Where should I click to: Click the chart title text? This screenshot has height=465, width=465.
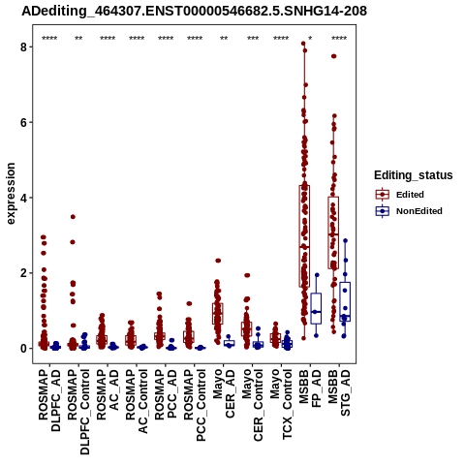pos(194,11)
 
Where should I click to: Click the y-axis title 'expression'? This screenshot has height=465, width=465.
pos(11,194)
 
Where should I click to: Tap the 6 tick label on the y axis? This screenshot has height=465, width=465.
pos(23,122)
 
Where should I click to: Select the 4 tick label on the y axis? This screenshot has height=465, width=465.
pos(23,198)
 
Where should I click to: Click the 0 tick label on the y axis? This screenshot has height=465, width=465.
pos(23,349)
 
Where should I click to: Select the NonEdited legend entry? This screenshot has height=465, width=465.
pos(409,211)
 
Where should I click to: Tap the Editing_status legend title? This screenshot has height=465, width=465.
pos(414,175)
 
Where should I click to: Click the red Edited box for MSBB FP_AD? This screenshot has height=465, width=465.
pos(304,236)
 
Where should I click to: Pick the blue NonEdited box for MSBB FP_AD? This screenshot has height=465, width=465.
pos(316,308)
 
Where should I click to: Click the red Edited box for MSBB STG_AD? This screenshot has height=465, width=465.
pos(333,232)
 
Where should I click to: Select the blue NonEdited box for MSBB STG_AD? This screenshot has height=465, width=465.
pos(345,301)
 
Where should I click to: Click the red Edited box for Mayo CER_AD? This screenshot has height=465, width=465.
pos(218,314)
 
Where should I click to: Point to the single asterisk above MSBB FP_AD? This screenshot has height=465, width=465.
pos(310,38)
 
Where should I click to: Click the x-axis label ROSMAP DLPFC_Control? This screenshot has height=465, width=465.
pos(78,412)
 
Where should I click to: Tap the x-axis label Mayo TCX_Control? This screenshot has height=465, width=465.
pos(281,404)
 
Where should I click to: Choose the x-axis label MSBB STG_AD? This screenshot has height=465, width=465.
pos(339,393)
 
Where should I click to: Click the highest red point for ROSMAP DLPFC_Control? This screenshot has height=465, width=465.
pos(73,217)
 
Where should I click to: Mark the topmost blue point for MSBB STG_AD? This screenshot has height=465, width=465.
pos(345,240)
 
